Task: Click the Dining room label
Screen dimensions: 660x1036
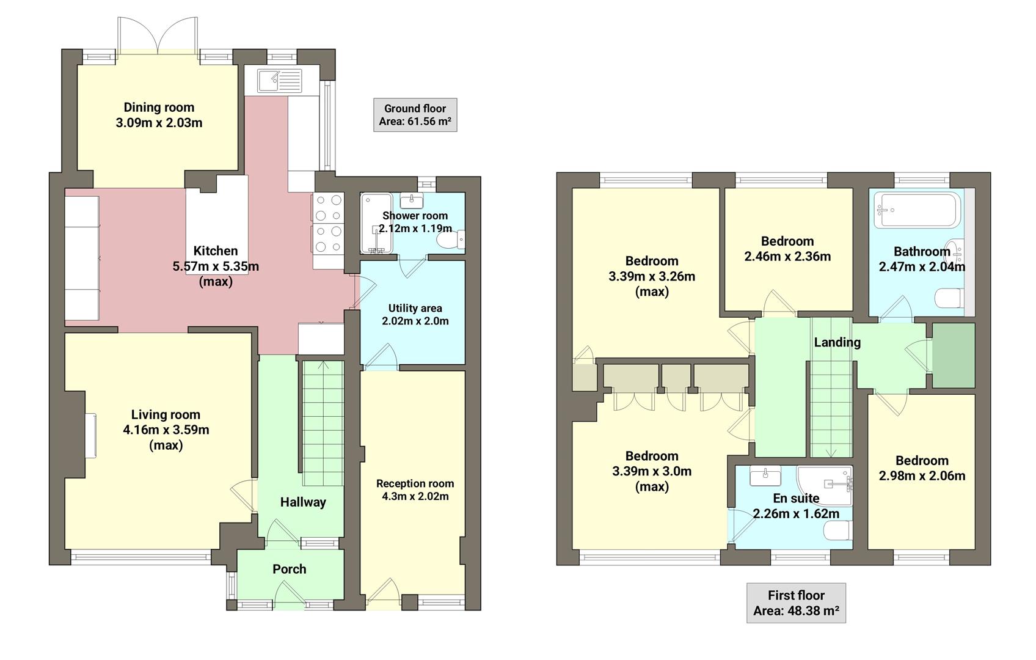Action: (x=159, y=108)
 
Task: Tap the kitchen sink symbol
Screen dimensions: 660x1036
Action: (x=279, y=79)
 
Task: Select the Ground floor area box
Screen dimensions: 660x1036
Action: (x=415, y=115)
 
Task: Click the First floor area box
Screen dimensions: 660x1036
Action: (x=796, y=603)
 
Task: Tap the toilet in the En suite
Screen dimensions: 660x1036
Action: (x=838, y=530)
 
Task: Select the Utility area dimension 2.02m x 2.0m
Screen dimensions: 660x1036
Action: (x=415, y=321)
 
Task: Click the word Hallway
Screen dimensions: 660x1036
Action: (x=303, y=502)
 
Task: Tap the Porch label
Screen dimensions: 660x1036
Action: (x=289, y=569)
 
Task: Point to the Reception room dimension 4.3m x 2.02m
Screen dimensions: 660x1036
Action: (x=415, y=497)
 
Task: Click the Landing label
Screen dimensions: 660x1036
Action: (x=837, y=342)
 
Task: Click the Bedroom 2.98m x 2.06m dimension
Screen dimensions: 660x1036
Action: (x=922, y=476)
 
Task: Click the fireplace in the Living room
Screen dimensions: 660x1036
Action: (x=90, y=435)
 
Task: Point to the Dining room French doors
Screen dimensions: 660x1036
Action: (x=158, y=37)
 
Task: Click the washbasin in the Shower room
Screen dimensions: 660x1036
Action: (x=415, y=200)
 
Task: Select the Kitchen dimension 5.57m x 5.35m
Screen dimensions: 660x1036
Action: (x=216, y=266)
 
